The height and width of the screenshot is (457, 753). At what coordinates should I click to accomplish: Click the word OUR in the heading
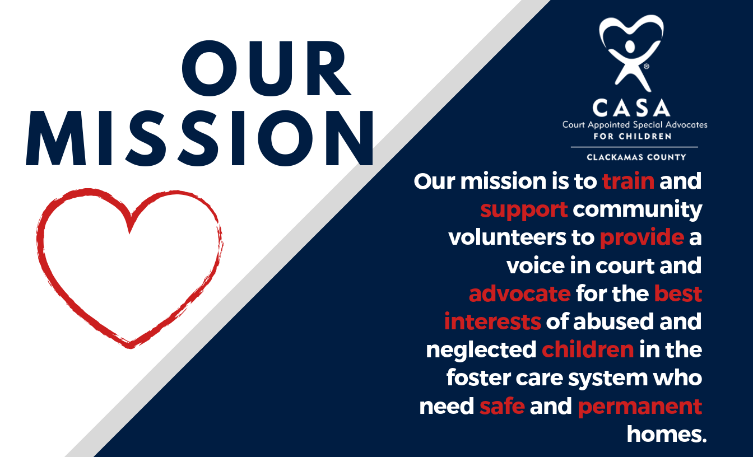pos(267,68)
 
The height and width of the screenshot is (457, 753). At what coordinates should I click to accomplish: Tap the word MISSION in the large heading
pos(199,138)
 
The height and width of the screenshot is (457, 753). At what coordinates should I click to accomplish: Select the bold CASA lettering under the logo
pos(631,108)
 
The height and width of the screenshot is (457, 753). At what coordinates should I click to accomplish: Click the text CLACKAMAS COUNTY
pos(636,157)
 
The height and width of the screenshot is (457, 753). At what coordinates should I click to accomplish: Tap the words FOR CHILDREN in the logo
pos(633,137)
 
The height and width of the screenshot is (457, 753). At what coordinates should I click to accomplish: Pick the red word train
pos(628,181)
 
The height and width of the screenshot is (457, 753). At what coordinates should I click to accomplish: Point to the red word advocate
pos(520,293)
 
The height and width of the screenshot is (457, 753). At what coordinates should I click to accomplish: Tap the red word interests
pos(492,321)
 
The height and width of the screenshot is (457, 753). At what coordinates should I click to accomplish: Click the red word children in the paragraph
pos(588,349)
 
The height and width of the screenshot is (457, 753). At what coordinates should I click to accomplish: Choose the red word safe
pos(502,406)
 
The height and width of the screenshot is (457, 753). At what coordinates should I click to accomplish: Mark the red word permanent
pos(640,407)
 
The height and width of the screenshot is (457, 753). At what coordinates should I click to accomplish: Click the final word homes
pos(667,434)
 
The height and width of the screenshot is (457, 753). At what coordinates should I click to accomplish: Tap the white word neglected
pos(481,351)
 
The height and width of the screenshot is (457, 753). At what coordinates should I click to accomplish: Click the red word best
pos(678,293)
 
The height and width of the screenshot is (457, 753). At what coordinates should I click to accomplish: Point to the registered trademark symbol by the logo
pos(647,66)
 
